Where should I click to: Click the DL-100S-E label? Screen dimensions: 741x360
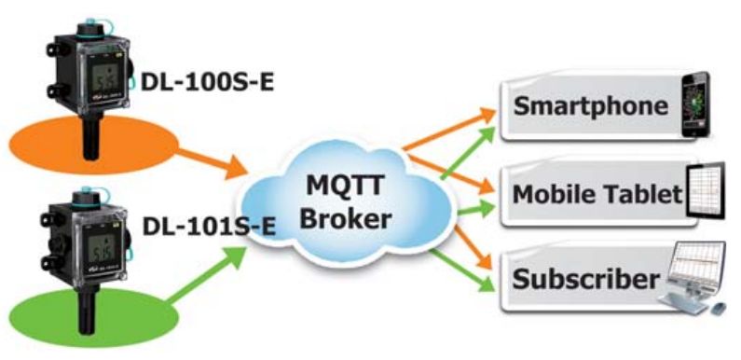208,82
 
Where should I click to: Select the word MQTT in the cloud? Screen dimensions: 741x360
346,186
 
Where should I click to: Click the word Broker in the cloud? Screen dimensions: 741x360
347,218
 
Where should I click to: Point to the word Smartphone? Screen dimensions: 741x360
590,105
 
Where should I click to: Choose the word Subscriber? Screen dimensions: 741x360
585,278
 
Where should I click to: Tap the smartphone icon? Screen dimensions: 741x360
695,104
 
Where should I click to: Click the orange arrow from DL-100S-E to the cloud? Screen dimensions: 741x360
213,163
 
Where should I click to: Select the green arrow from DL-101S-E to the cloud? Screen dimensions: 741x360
207,275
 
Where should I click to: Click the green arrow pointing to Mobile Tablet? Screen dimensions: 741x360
476,209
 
